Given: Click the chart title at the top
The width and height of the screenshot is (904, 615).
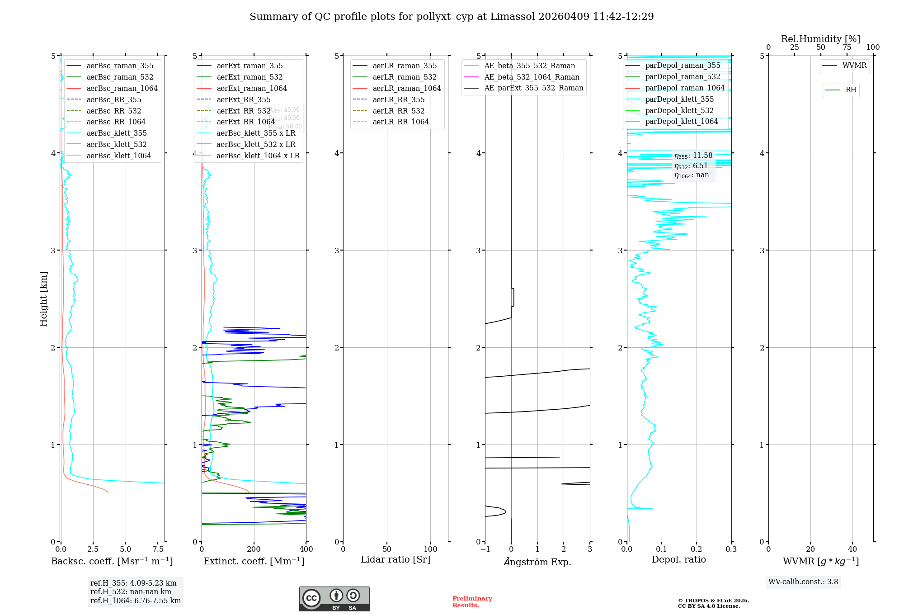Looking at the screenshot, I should click(452, 17).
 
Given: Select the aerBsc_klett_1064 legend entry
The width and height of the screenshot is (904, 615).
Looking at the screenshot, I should click(118, 156).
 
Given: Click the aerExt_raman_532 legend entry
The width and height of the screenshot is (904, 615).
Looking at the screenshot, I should click(250, 77).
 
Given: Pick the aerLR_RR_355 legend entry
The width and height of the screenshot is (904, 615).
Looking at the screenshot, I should click(398, 99).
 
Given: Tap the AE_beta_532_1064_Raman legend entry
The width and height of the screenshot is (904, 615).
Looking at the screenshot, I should click(532, 77).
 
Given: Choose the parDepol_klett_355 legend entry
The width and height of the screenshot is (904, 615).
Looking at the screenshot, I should click(679, 99).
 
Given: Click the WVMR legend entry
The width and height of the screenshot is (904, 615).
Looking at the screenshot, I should click(854, 66).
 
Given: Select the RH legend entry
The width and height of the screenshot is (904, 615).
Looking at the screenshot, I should click(851, 90).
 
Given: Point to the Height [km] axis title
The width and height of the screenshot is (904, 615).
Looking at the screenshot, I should click(43, 298).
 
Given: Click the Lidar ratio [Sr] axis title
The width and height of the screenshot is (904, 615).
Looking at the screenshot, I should click(395, 559).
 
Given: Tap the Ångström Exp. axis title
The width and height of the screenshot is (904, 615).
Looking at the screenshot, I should click(537, 562).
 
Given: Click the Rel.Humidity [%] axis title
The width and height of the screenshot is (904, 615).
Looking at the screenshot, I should click(820, 39).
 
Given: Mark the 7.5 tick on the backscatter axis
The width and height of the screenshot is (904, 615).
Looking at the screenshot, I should click(158, 549).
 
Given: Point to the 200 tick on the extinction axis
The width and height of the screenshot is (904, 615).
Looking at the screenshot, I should click(254, 549).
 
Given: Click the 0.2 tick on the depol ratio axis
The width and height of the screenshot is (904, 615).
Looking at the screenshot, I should click(697, 549).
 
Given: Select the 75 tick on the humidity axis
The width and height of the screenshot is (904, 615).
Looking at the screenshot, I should click(847, 47).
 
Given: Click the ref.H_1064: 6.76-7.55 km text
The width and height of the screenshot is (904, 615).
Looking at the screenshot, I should click(136, 601).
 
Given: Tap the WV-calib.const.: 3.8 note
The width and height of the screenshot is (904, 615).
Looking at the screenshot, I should click(803, 582).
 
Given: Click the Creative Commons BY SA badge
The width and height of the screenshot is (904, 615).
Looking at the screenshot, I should click(334, 599).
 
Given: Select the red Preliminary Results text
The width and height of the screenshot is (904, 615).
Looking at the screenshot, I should click(472, 601).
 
